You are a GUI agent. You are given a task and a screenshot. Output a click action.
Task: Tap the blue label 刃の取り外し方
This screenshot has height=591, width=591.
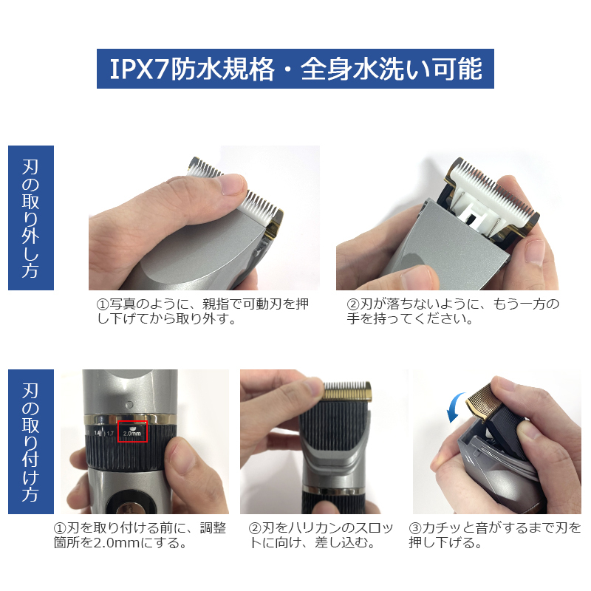(x=31, y=217)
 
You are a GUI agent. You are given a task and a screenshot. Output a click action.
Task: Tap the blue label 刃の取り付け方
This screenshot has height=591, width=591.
(x=31, y=441)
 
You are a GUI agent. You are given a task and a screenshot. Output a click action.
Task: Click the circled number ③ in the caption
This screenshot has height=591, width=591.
(x=415, y=528)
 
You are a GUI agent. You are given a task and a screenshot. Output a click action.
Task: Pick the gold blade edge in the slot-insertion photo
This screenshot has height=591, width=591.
(x=347, y=393)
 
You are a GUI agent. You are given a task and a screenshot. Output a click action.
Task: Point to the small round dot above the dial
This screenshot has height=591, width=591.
(x=130, y=405)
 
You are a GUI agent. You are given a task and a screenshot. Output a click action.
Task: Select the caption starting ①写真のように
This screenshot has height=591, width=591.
(x=202, y=311)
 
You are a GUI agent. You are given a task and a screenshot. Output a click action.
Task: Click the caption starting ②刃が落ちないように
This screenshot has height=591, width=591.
(x=453, y=311)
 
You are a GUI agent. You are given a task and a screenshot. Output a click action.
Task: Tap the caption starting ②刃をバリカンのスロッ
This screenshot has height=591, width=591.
(x=321, y=535)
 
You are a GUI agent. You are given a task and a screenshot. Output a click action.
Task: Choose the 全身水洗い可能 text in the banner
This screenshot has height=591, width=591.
(x=392, y=69)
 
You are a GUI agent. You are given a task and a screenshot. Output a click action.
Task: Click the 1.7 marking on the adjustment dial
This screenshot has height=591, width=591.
(x=109, y=434)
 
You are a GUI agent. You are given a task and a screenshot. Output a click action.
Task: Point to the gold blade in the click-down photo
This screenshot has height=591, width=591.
(x=482, y=400)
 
